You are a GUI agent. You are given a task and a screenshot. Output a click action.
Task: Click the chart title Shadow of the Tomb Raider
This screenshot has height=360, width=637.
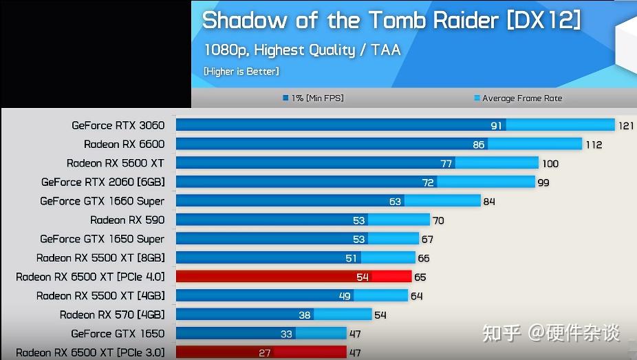click(x=391, y=20)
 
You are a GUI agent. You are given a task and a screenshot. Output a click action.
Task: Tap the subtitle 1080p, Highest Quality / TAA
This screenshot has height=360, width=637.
click(x=301, y=50)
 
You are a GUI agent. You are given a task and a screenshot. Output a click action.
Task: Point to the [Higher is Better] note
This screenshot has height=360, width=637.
click(x=241, y=71)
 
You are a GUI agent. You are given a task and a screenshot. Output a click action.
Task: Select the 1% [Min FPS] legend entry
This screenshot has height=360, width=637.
click(x=313, y=98)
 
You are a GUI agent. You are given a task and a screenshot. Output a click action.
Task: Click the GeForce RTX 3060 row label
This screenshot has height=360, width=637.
click(x=118, y=125)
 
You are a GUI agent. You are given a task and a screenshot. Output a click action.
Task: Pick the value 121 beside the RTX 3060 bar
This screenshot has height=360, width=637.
click(x=625, y=126)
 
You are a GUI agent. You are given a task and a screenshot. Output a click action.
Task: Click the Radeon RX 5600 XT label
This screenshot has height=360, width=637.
click(x=115, y=163)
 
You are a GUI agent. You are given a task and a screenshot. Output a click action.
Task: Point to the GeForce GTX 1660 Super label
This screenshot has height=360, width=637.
click(x=102, y=201)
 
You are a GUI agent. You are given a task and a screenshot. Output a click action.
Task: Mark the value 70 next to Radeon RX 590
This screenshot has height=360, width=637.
click(x=438, y=221)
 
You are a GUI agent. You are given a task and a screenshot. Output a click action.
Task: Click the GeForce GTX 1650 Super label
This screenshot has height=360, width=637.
click(x=102, y=239)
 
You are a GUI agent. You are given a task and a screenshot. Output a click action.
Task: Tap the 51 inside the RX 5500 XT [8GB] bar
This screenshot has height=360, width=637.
click(x=352, y=258)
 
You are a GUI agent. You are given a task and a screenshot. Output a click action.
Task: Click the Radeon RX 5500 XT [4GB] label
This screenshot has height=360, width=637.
click(x=100, y=295)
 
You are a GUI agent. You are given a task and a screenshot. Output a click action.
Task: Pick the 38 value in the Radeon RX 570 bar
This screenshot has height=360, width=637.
click(x=304, y=315)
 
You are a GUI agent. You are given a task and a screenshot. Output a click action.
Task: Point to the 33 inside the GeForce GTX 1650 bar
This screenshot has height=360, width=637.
click(x=286, y=334)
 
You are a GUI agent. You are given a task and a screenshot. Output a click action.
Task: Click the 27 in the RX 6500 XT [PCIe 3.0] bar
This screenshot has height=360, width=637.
click(x=265, y=353)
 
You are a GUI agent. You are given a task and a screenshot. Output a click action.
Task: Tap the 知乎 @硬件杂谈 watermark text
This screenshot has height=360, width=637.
click(x=550, y=333)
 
